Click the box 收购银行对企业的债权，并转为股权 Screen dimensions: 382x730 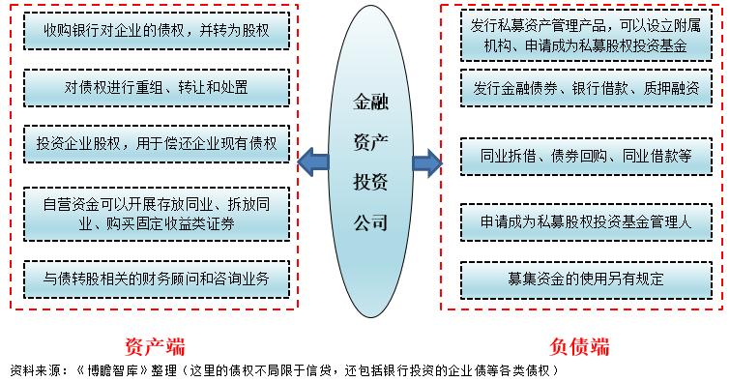coord(154,31)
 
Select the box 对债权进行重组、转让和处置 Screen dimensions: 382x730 coord(154,88)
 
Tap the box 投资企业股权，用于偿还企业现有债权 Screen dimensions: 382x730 coord(154,144)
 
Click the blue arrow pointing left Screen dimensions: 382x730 coord(312,161)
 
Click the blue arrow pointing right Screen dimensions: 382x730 coord(426,161)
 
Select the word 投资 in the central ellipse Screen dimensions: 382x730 coord(370,181)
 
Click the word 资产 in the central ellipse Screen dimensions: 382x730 coord(370,139)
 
